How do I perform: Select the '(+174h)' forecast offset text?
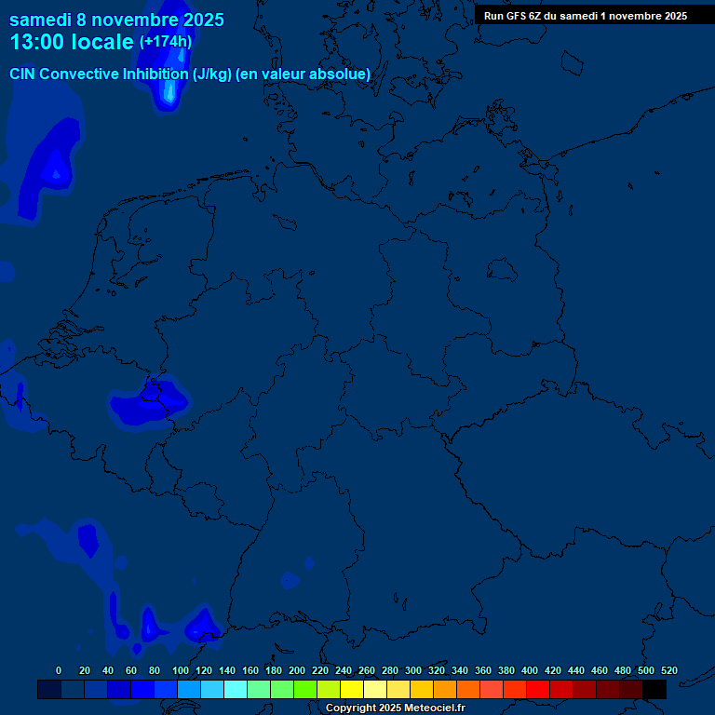point(166,41)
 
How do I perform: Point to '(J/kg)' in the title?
point(207,74)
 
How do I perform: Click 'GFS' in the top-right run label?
point(519,15)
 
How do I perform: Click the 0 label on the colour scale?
point(59,670)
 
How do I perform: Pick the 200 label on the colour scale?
point(296,670)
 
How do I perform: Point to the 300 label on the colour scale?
point(412,670)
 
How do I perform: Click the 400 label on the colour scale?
point(530,670)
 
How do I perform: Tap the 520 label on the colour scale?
point(668,670)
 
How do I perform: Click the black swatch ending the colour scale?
point(654,689)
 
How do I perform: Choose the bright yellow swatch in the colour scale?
point(352,689)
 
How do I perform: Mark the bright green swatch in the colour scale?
point(305,689)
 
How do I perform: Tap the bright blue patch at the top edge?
point(169,88)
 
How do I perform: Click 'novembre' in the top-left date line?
point(142,20)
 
